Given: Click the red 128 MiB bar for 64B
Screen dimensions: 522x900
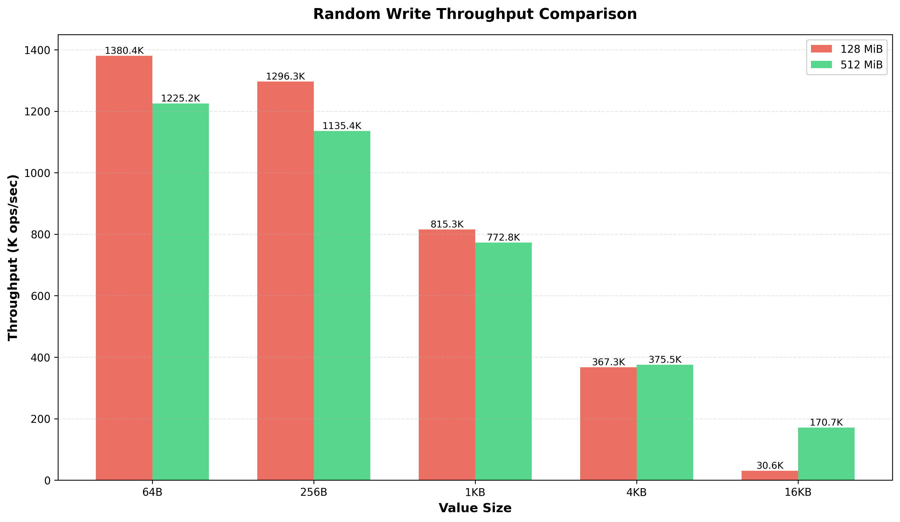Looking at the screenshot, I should [124, 268].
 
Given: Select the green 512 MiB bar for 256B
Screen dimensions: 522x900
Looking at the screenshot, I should [342, 305].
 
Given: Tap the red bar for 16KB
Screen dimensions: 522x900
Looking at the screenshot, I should [770, 475].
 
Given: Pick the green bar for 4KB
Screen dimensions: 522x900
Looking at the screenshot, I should [665, 422].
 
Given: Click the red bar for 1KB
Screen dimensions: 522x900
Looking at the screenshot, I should [447, 355].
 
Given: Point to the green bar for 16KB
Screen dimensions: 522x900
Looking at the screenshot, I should [826, 454].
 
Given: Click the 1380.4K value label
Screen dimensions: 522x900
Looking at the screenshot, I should [124, 51].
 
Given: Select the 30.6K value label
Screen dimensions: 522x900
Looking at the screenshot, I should [770, 465].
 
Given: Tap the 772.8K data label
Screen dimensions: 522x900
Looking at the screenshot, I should [503, 237].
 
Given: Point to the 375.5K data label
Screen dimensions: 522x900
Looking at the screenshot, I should [665, 359].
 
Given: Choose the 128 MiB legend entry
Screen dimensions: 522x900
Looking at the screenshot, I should [847, 49].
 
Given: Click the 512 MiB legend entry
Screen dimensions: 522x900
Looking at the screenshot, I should [847, 65].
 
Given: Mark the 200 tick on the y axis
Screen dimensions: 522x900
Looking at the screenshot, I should [40, 419].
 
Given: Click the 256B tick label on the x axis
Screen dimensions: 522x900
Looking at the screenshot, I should [314, 492].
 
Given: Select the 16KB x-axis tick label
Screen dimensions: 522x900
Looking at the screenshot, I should [798, 492].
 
